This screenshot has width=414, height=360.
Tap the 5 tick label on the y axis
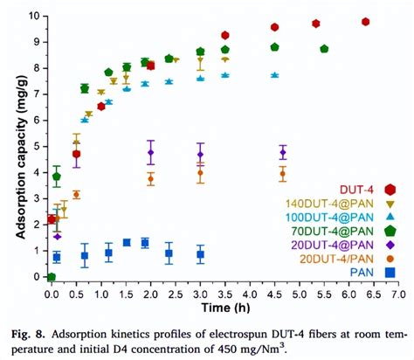click(x=36, y=146)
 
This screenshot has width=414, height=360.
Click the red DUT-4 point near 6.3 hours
click(x=365, y=22)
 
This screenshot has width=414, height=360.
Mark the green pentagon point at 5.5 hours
click(x=324, y=49)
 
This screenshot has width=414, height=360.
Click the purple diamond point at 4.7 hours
click(x=283, y=153)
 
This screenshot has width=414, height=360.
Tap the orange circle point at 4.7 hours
click(x=282, y=174)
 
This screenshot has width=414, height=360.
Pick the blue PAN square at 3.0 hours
click(x=200, y=255)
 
